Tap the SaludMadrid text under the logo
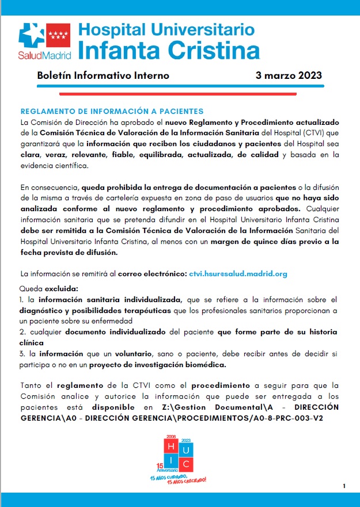tap(44, 56)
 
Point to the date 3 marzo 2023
tap(289, 76)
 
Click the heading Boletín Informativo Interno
tap(103, 76)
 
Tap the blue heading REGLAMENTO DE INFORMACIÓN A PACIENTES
tap(112, 111)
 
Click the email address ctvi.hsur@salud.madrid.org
tap(238, 273)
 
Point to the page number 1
tap(343, 486)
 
